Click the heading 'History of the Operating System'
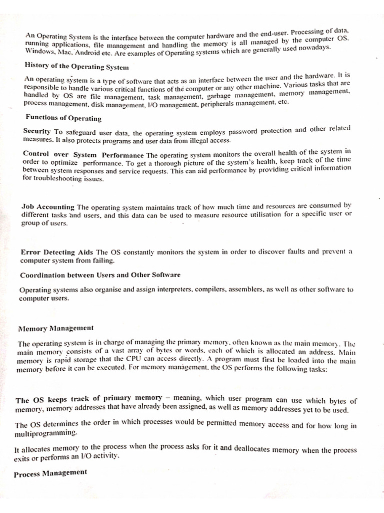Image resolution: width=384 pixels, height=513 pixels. coord(76,67)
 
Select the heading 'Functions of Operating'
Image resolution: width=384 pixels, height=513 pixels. coord(63,119)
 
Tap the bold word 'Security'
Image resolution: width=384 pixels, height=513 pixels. coord(37,131)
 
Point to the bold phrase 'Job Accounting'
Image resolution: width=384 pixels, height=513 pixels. coord(48,207)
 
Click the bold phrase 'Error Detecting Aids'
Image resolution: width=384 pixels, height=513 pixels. coord(57,252)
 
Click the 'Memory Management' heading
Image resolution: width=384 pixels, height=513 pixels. coord(55,329)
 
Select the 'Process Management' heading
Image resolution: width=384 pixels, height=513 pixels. coord(50,473)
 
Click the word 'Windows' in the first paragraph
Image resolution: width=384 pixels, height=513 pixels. coord(39,52)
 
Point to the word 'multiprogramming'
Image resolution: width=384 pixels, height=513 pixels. coord(46,432)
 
